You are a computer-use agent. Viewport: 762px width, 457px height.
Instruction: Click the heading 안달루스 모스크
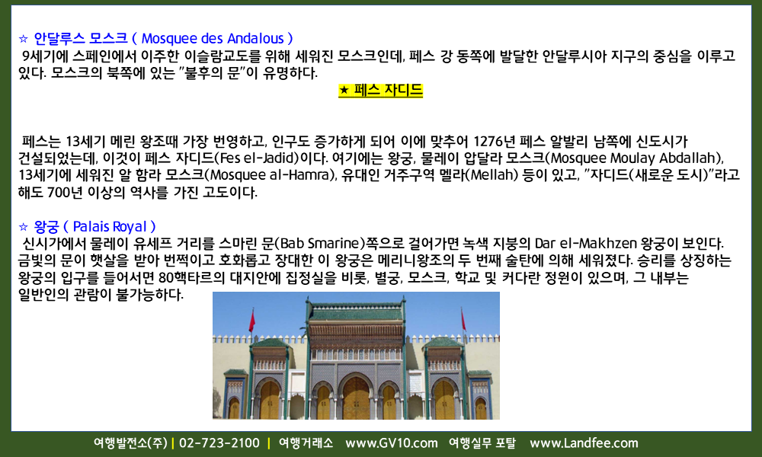click(81, 38)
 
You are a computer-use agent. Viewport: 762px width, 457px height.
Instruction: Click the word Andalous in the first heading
click(255, 38)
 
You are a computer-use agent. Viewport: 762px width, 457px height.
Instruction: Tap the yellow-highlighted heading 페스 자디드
click(380, 91)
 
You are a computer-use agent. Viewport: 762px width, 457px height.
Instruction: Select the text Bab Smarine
click(322, 243)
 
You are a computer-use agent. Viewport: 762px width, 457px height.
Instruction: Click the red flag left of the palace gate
click(251, 321)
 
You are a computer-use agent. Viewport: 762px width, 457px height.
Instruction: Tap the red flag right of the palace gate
click(463, 320)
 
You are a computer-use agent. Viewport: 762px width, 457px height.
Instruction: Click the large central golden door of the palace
click(356, 398)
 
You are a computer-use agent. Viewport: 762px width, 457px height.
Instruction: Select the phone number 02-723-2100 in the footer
click(219, 443)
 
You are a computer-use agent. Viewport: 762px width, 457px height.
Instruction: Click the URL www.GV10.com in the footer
click(391, 443)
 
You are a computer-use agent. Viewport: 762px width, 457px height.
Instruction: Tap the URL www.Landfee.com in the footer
click(584, 443)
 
